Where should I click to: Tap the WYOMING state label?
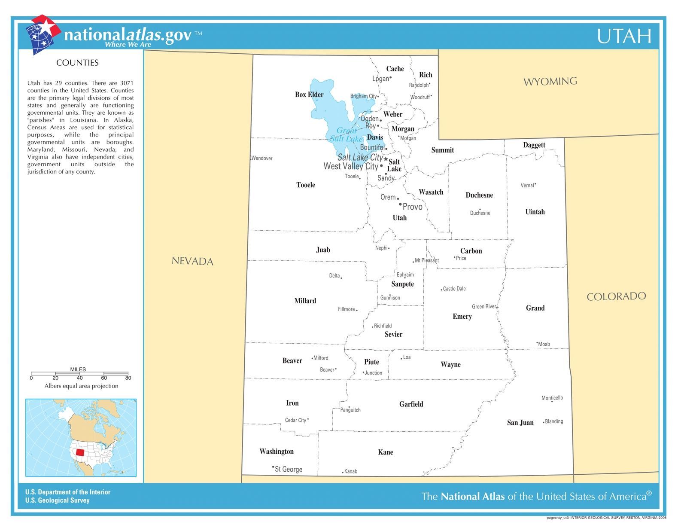pos(550,81)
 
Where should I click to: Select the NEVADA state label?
pos(192,261)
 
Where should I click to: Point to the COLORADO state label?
pos(616,296)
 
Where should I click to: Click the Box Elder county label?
pos(309,95)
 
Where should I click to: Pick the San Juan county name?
pos(520,423)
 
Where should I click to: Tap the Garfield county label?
pos(411,404)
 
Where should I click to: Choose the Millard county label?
pos(305,301)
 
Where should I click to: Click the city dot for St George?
pos(273,467)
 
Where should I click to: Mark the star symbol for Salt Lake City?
pos(386,159)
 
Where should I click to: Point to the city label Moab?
pos(544,344)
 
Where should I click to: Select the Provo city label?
pos(412,207)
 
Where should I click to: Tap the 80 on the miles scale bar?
pos(128,378)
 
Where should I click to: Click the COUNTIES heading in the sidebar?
pos(77,63)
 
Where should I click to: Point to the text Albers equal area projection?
pos(81,386)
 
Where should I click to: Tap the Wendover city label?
pos(262,159)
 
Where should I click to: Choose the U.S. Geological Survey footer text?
pos(57,500)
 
